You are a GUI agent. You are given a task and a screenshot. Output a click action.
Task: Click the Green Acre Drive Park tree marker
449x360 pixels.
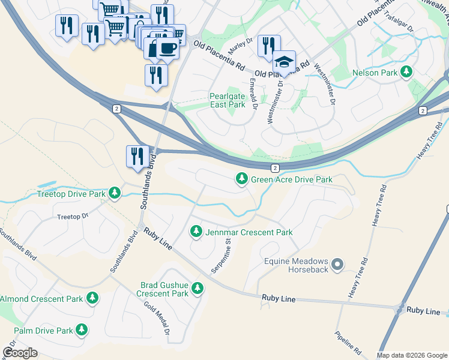[x=242, y=178]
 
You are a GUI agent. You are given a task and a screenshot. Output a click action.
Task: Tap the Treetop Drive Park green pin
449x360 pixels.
[x=115, y=193]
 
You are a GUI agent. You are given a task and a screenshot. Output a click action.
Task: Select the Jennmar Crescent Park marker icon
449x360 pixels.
[x=196, y=231]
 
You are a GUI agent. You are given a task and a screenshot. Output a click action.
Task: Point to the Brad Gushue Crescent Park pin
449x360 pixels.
[x=197, y=289]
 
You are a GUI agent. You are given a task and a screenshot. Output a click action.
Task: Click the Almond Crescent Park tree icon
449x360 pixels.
[x=92, y=298]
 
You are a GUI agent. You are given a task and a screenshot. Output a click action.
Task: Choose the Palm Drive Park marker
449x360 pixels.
[x=81, y=330]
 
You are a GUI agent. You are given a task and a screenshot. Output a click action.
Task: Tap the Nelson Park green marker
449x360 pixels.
[x=407, y=72]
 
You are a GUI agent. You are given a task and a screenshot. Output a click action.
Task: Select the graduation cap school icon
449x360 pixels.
[x=284, y=62]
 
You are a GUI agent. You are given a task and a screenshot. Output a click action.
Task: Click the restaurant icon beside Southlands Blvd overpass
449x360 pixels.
[x=137, y=156]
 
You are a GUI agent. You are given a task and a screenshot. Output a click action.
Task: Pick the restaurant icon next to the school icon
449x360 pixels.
[x=268, y=46]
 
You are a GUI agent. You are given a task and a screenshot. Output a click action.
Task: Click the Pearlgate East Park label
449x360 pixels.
[x=228, y=100]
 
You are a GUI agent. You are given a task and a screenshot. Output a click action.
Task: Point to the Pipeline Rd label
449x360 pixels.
[x=348, y=341]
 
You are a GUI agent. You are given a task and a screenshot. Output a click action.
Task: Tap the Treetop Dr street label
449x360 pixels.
[x=72, y=217]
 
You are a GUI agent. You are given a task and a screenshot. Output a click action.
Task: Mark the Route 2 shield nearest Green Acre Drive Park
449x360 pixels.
[x=274, y=169]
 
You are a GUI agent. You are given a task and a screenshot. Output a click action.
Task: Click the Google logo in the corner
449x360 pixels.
[x=20, y=352]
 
